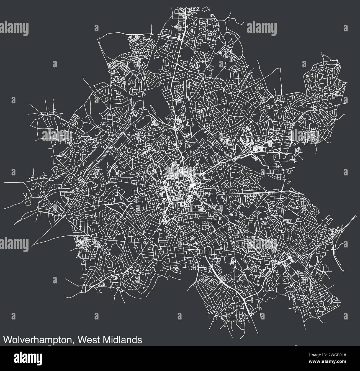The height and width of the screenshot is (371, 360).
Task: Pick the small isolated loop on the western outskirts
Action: click(27, 203)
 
